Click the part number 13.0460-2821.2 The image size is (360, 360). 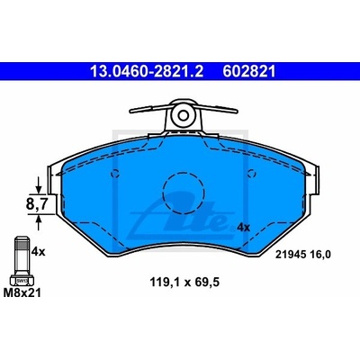(147, 72)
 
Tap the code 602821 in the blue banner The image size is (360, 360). (249, 72)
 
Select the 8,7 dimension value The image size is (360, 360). (37, 204)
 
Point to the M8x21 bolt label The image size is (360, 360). (22, 292)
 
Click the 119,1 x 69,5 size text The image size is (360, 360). (184, 283)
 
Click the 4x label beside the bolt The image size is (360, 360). (39, 252)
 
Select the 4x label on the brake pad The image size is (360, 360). (243, 228)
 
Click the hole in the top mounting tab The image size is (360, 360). (183, 115)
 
